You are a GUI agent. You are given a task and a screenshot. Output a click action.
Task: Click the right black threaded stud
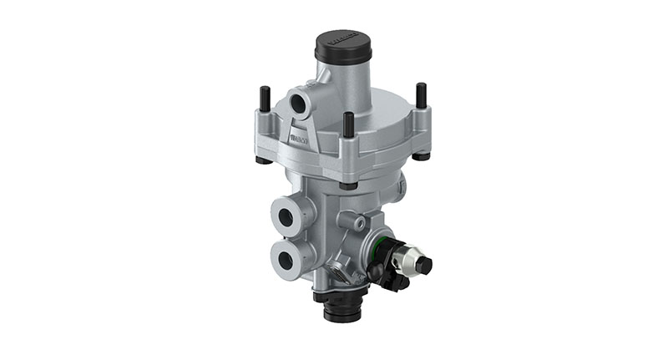point(421,96)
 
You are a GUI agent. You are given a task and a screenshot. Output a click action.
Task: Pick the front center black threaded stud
point(348,125)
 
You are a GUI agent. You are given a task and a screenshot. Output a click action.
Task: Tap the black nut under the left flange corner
point(261,160)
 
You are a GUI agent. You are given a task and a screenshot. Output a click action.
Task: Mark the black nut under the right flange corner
point(423,155)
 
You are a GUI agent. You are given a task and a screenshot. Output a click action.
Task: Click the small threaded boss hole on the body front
point(357,221)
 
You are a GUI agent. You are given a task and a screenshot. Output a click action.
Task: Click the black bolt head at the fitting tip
point(424,266)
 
